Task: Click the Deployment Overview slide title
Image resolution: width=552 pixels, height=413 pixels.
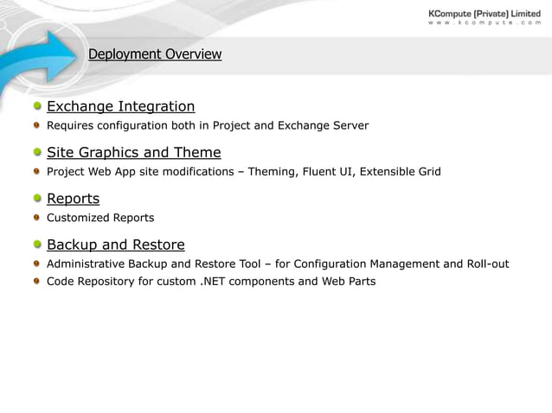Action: coord(155,54)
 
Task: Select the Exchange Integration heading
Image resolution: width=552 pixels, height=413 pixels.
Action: coord(120,106)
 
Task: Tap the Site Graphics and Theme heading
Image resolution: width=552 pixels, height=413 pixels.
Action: coord(133,153)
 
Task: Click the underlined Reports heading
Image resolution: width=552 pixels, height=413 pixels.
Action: coord(73,199)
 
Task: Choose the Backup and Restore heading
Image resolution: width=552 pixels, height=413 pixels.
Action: coord(115,245)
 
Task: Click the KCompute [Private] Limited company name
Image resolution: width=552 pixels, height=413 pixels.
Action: coord(485,13)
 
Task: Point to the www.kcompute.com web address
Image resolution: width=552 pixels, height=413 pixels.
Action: coord(485,23)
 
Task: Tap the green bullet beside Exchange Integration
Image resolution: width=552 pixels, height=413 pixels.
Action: coord(38,107)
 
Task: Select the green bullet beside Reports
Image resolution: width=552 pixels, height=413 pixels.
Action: coord(38,199)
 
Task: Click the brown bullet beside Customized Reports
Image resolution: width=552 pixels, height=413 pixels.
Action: coord(38,218)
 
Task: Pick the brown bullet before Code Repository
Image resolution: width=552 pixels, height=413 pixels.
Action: coord(38,282)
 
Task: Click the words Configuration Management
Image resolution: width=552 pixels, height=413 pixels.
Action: coord(367,264)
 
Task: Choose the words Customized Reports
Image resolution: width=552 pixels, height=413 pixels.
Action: coord(100,218)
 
